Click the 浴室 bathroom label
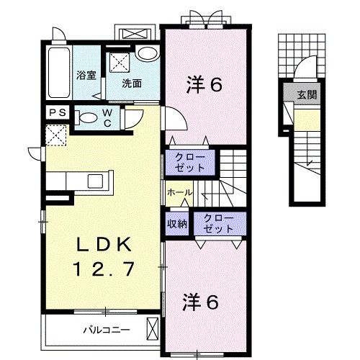click(x=86, y=75)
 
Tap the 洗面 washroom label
click(x=131, y=83)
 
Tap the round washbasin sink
click(x=148, y=55)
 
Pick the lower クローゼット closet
click(x=217, y=223)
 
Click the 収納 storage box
click(x=177, y=223)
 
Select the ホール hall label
click(x=179, y=193)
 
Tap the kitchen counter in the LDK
click(x=79, y=180)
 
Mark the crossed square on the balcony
click(x=150, y=329)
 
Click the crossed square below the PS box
click(x=57, y=135)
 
